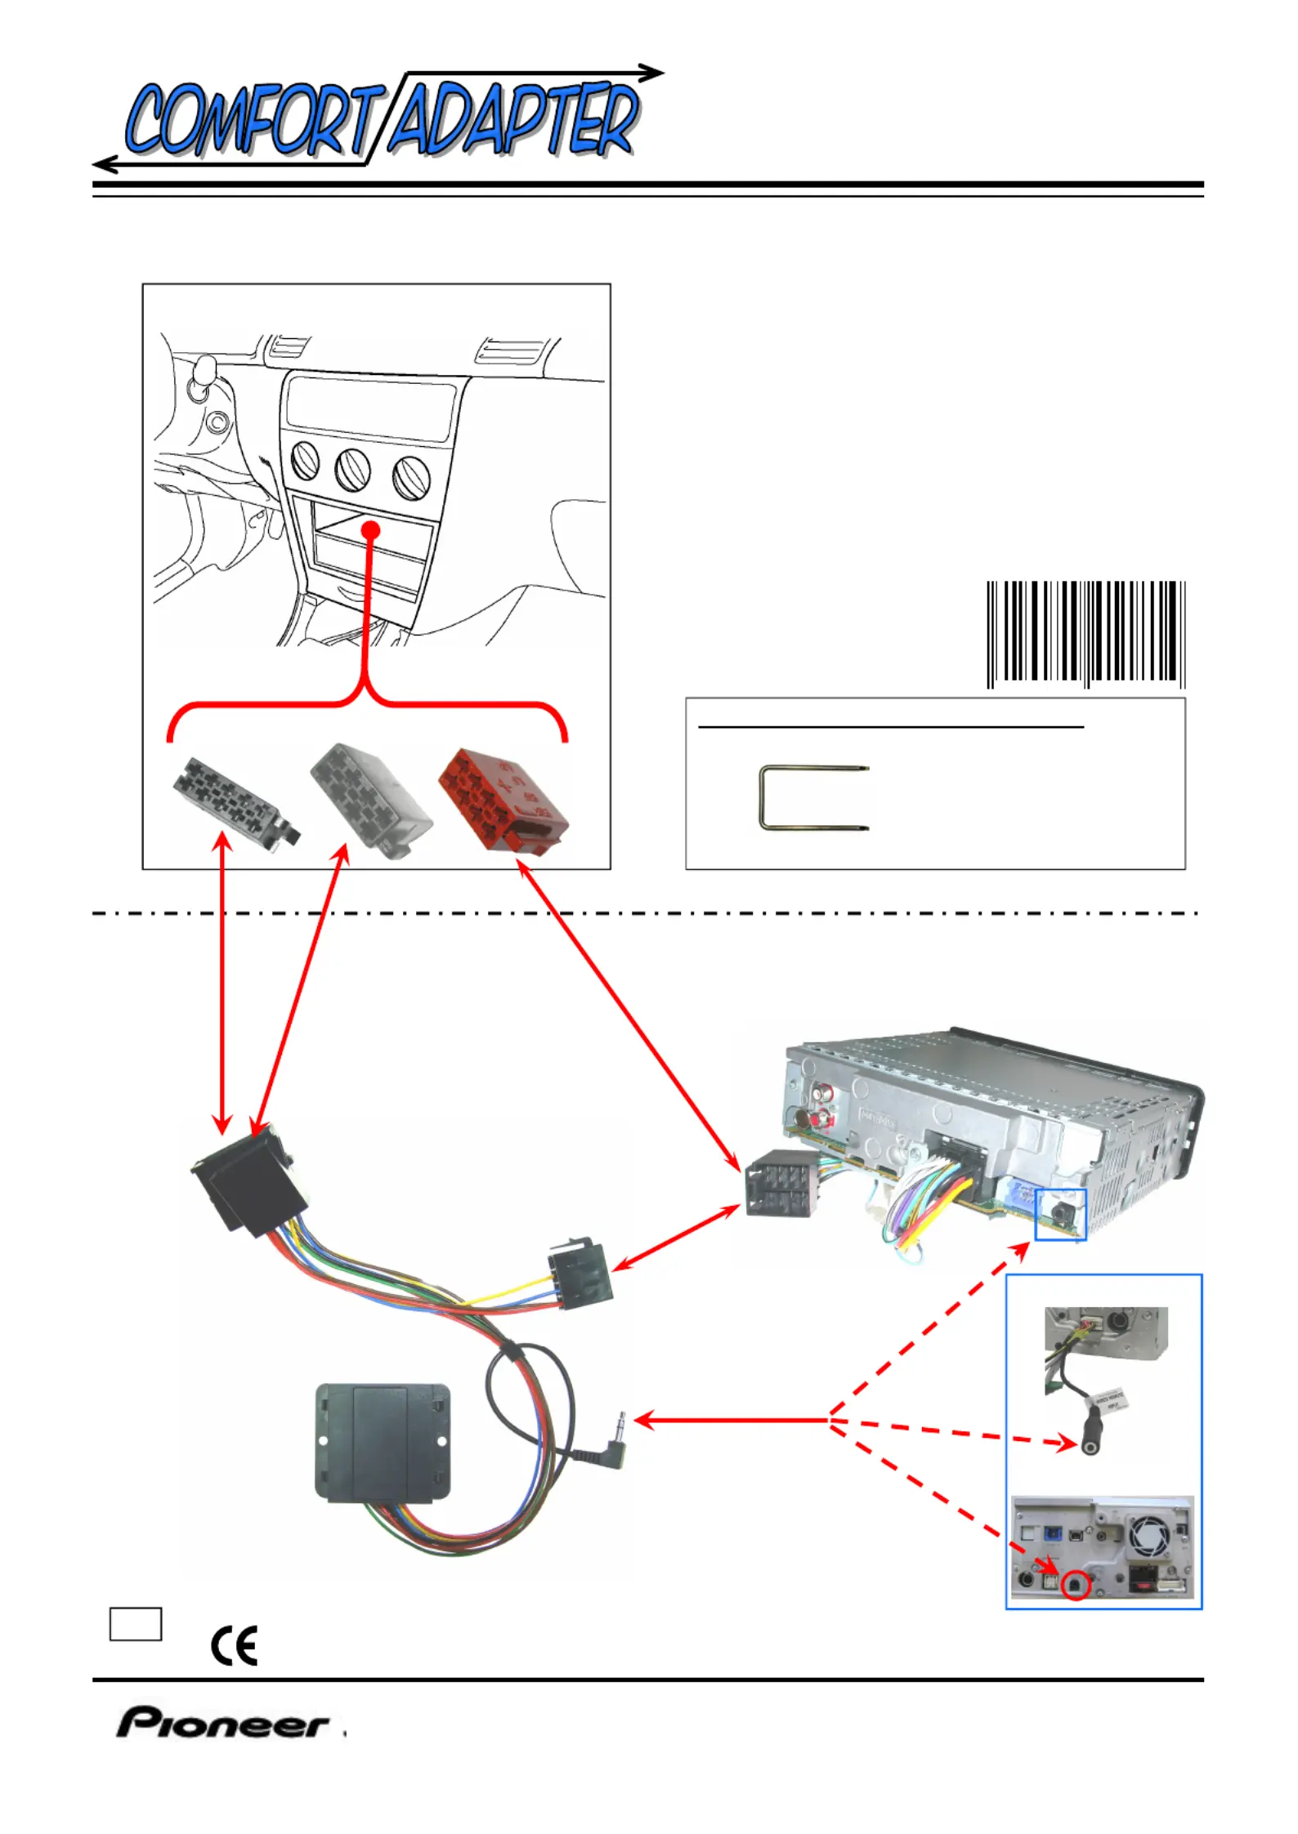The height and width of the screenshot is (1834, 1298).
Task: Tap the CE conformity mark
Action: pyautogui.click(x=234, y=1644)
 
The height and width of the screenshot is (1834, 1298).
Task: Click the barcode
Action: pyautogui.click(x=1085, y=633)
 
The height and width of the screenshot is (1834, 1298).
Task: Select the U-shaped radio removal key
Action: pyautogui.click(x=812, y=797)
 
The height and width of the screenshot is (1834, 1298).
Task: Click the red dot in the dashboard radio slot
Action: pyautogui.click(x=371, y=529)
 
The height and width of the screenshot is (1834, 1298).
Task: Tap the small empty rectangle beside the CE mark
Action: pyautogui.click(x=136, y=1623)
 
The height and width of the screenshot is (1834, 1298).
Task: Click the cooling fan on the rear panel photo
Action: pyautogui.click(x=1151, y=1537)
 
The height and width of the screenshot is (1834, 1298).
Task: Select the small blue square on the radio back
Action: pyautogui.click(x=1060, y=1214)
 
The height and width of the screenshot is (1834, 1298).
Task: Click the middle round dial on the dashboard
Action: pyautogui.click(x=352, y=471)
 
